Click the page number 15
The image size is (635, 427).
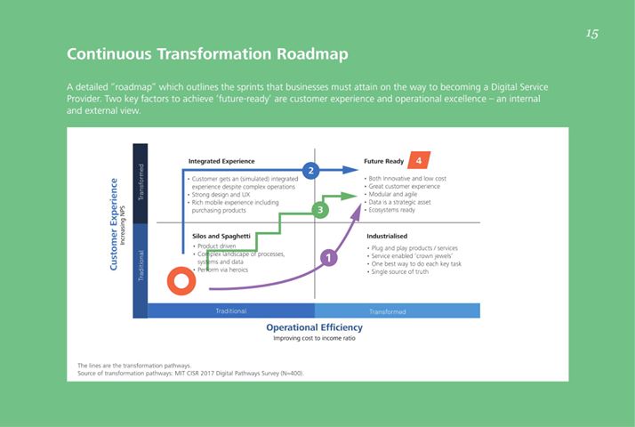pyautogui.click(x=591, y=34)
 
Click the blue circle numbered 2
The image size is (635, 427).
pyautogui.click(x=310, y=171)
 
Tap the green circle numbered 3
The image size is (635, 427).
pyautogui.click(x=320, y=210)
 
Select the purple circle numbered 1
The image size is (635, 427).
pyautogui.click(x=328, y=258)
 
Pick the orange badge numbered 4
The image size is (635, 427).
pyautogui.click(x=419, y=160)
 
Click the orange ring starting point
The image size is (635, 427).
pyautogui.click(x=181, y=281)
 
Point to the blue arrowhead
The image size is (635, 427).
pyautogui.click(x=350, y=170)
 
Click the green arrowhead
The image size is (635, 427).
pyautogui.click(x=349, y=197)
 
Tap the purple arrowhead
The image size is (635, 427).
pyautogui.click(x=356, y=212)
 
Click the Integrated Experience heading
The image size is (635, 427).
pyautogui.click(x=221, y=161)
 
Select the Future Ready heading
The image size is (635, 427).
pyautogui.click(x=383, y=161)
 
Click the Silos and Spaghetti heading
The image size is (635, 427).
pyautogui.click(x=221, y=237)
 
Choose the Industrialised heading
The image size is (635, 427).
pyautogui.click(x=387, y=237)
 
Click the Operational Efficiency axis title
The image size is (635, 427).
pyautogui.click(x=314, y=327)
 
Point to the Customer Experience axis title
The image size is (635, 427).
pyautogui.click(x=114, y=224)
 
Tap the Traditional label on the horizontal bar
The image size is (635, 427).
pyautogui.click(x=231, y=311)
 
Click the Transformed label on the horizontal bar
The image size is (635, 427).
pyautogui.click(x=388, y=311)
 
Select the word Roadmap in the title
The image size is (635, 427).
pyautogui.click(x=312, y=54)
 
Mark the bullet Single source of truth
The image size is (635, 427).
pyautogui.click(x=398, y=272)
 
